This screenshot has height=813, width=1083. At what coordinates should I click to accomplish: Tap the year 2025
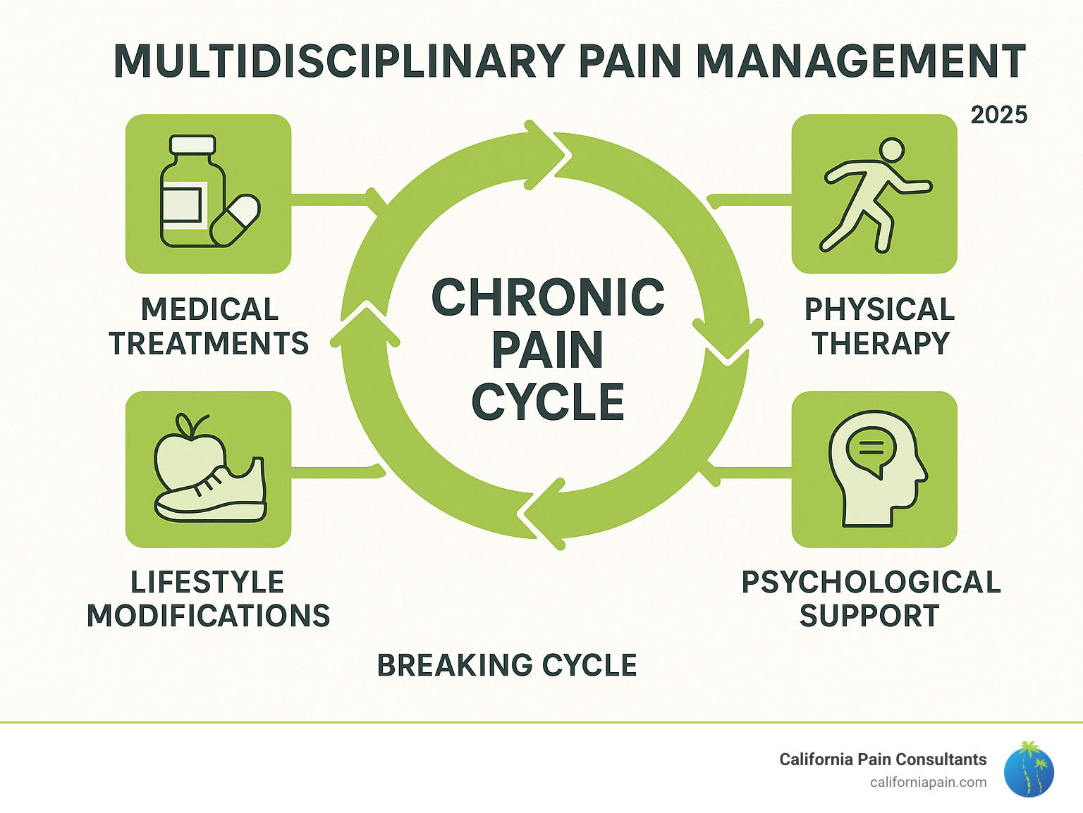[x=998, y=115]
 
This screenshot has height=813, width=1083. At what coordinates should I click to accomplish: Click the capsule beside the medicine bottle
[x=235, y=220]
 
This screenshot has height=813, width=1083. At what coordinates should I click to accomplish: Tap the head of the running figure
[x=891, y=150]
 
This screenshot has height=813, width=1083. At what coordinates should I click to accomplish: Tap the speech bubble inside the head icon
[x=871, y=448]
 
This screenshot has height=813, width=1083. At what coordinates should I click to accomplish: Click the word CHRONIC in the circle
[x=548, y=298]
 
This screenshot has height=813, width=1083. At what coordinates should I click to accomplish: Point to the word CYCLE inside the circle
[x=548, y=402]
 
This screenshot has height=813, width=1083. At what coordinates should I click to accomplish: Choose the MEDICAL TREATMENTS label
[x=209, y=326]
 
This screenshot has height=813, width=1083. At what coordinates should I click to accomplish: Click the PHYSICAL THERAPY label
[x=879, y=326]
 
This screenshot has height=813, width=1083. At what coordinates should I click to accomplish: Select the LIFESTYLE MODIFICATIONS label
[x=208, y=599]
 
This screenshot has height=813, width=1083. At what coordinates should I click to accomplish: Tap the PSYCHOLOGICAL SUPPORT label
[x=871, y=599]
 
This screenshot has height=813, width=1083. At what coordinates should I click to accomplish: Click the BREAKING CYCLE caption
[x=506, y=665]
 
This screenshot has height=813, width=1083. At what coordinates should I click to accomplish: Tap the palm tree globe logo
[x=1029, y=770]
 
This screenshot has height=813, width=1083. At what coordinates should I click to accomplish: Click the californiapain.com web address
[x=928, y=782]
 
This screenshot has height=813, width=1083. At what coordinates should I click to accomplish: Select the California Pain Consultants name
[x=882, y=759]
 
